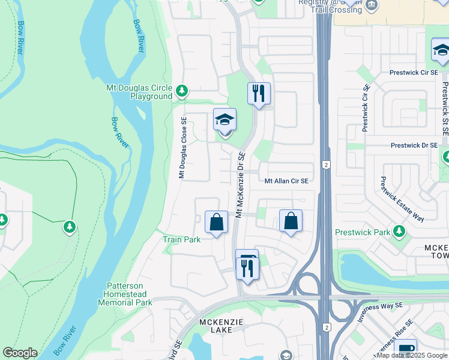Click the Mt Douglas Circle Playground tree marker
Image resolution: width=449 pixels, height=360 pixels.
click(x=181, y=91)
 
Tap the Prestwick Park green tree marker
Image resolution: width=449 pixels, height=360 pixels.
click(x=399, y=232)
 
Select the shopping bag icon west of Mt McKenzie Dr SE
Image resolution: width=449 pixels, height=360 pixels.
click(x=216, y=222)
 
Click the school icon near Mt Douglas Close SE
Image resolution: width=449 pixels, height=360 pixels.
click(x=224, y=119)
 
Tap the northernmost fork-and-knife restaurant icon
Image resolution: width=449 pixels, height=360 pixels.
click(x=259, y=94)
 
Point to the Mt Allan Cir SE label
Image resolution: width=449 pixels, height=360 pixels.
click(x=286, y=181)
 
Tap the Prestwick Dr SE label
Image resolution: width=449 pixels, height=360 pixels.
click(x=413, y=146)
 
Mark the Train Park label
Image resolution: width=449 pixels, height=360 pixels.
click(x=181, y=239)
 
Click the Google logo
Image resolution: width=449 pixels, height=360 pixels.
click(x=20, y=353)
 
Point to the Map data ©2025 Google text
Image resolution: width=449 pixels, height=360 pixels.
click(x=412, y=355)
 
